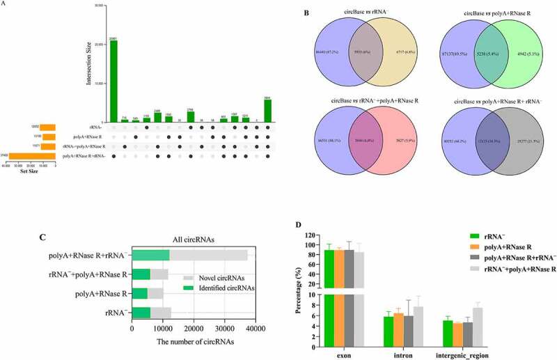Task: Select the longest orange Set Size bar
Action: click(29, 156)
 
